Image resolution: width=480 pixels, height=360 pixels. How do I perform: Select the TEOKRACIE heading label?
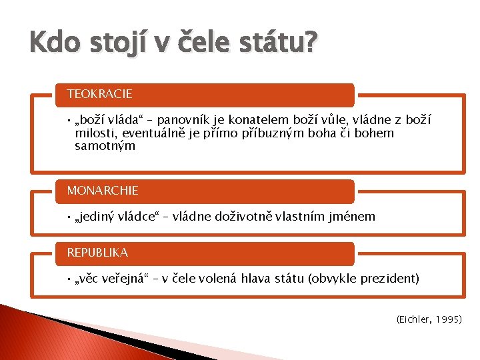100,94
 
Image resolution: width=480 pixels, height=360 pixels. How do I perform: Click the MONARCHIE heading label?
103,191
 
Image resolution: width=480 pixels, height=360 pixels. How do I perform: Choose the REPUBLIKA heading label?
98,253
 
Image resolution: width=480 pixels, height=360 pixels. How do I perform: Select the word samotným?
105,146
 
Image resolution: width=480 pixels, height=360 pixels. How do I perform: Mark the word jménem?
353,217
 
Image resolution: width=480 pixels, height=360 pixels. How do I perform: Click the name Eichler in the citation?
414,321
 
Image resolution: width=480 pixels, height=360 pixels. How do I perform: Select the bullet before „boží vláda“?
69,121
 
